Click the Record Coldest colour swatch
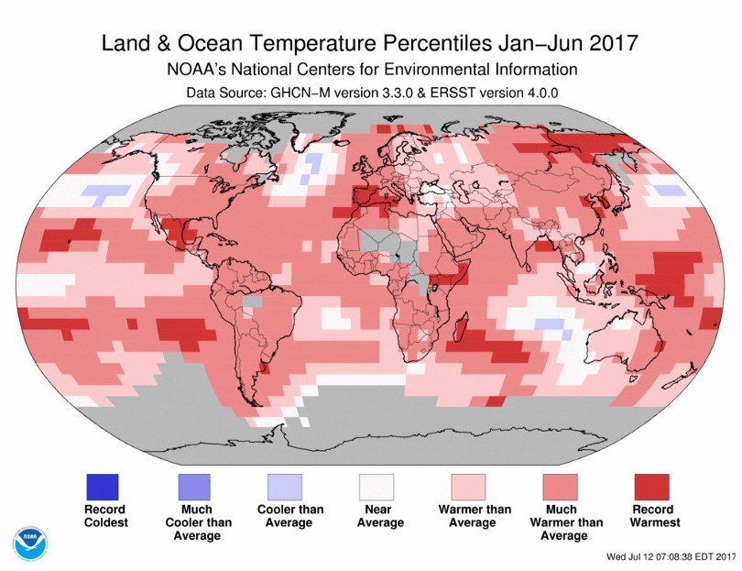tap(103, 486)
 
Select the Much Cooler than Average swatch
tap(194, 486)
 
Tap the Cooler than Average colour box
tap(285, 486)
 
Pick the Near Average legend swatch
tap(376, 486)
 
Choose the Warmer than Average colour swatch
tap(468, 486)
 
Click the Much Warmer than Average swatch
tap(560, 486)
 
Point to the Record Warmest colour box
tap(651, 486)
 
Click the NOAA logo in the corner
tap(27, 542)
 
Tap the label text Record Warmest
tap(652, 516)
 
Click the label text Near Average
tap(376, 516)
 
